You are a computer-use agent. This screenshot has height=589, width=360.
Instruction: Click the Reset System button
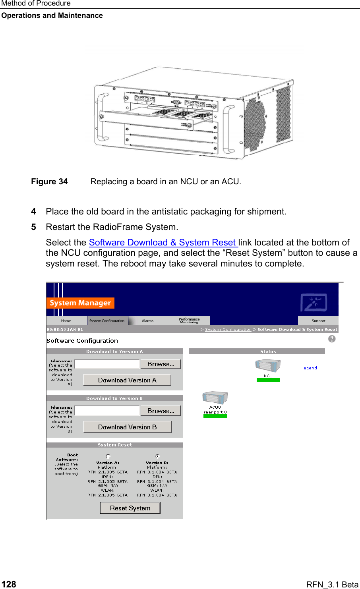130,508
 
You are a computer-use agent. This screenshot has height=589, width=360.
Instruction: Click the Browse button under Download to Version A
161,364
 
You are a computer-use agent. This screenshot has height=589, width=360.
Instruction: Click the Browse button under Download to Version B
161,411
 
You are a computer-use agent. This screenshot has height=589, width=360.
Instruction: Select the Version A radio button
108,456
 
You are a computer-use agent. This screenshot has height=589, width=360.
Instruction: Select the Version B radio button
157,456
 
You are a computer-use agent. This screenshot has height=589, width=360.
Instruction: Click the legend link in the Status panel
310,368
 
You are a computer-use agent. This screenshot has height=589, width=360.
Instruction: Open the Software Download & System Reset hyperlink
163,242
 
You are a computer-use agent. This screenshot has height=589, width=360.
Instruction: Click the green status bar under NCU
268,380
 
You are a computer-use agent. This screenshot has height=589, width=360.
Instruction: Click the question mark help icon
332,339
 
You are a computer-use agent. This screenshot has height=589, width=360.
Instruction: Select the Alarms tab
148,321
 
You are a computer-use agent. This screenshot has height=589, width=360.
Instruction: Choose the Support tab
318,321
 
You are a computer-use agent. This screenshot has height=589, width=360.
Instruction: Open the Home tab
66,321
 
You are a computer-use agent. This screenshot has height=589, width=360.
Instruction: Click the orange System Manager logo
80,303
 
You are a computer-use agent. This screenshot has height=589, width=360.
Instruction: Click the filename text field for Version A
107,364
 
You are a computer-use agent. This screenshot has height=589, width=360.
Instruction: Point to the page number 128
9,584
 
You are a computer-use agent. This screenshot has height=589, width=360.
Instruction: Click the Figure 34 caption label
49,182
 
